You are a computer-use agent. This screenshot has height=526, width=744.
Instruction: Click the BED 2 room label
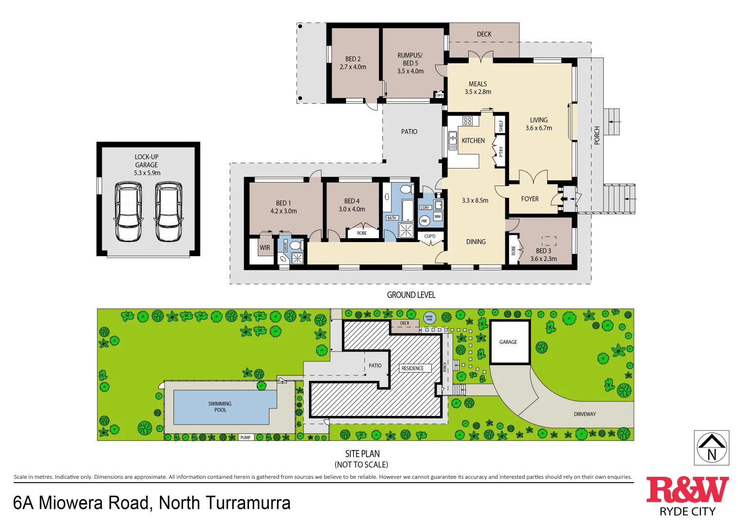point(353,63)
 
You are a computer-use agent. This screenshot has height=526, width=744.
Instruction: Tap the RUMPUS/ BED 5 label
point(410,63)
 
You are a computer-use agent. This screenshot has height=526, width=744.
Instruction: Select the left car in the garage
point(128,211)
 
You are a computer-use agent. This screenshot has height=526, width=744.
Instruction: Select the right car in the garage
point(169,211)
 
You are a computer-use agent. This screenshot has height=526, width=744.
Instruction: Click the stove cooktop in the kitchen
point(468,121)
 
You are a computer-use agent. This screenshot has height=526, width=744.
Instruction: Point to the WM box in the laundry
point(437,216)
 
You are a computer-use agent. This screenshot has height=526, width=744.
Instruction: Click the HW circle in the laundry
point(424,221)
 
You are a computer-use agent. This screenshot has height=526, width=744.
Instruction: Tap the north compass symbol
point(711,448)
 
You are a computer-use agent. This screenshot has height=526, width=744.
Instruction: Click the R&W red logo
point(687,490)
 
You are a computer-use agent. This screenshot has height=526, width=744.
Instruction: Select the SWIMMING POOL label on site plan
point(220,407)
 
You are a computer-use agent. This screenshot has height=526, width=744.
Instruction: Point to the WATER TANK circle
point(429,319)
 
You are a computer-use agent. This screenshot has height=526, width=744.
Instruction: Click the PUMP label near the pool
point(246,437)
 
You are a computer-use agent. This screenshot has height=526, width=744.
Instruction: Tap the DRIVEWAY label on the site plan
point(585,414)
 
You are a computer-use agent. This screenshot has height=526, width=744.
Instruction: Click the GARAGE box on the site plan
point(509,342)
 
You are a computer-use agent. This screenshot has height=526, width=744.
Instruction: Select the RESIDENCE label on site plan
point(413,368)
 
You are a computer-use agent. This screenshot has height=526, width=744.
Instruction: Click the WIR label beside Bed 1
point(265,247)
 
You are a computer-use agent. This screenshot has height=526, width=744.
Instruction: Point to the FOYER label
point(530,199)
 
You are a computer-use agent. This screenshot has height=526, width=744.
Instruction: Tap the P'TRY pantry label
point(500,151)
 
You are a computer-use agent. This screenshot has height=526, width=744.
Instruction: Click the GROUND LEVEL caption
point(411,295)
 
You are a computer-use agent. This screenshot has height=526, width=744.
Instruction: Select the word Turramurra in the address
point(248,503)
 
